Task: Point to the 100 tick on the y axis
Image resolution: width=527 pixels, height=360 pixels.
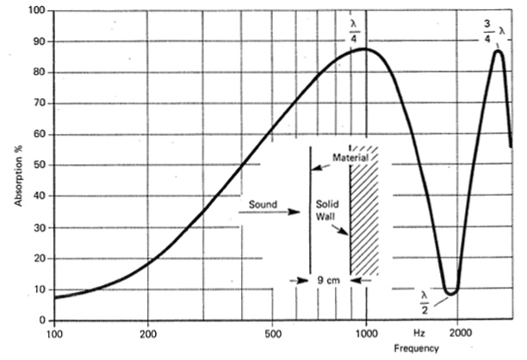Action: [35, 11]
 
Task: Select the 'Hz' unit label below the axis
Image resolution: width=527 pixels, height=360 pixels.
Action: [418, 332]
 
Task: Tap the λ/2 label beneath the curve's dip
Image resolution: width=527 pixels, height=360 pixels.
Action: [425, 301]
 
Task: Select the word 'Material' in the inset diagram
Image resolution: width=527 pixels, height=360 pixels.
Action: [350, 158]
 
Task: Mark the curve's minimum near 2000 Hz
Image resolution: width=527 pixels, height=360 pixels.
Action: [449, 293]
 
